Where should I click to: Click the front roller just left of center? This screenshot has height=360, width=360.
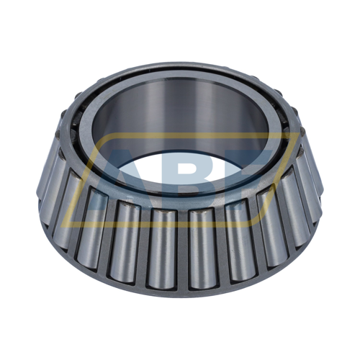[x=163, y=245]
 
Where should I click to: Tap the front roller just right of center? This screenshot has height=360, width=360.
[x=202, y=245]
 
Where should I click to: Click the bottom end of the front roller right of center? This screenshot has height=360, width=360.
[x=202, y=282]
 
